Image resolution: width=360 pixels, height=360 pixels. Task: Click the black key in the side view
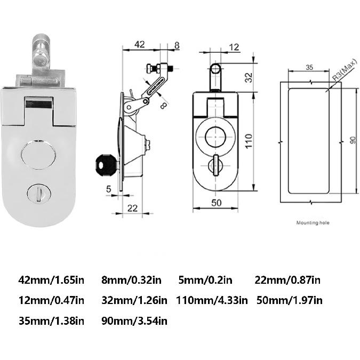[x=105, y=164]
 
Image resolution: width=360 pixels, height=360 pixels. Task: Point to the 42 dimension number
[x=139, y=45]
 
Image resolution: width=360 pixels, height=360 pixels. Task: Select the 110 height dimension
[x=249, y=141]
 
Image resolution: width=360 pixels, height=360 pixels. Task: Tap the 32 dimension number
[x=249, y=78]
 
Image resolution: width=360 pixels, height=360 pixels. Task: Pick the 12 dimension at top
[x=234, y=47]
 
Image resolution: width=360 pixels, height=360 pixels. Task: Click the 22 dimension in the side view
[x=133, y=207]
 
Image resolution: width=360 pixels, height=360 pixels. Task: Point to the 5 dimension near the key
[x=109, y=188]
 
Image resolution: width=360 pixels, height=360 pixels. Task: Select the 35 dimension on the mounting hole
[x=309, y=68]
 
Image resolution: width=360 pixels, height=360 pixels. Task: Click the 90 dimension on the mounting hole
[x=352, y=140]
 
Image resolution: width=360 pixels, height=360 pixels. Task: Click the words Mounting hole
[x=314, y=222]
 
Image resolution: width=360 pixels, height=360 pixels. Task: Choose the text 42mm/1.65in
[x=51, y=280]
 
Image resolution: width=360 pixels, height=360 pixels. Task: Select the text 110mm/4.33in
[x=212, y=300]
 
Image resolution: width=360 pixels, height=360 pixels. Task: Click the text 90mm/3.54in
[x=134, y=321]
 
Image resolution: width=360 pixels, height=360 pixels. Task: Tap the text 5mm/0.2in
[x=205, y=280]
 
